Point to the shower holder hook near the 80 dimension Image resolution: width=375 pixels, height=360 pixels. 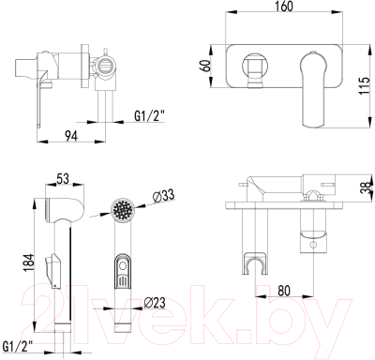[252, 260]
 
